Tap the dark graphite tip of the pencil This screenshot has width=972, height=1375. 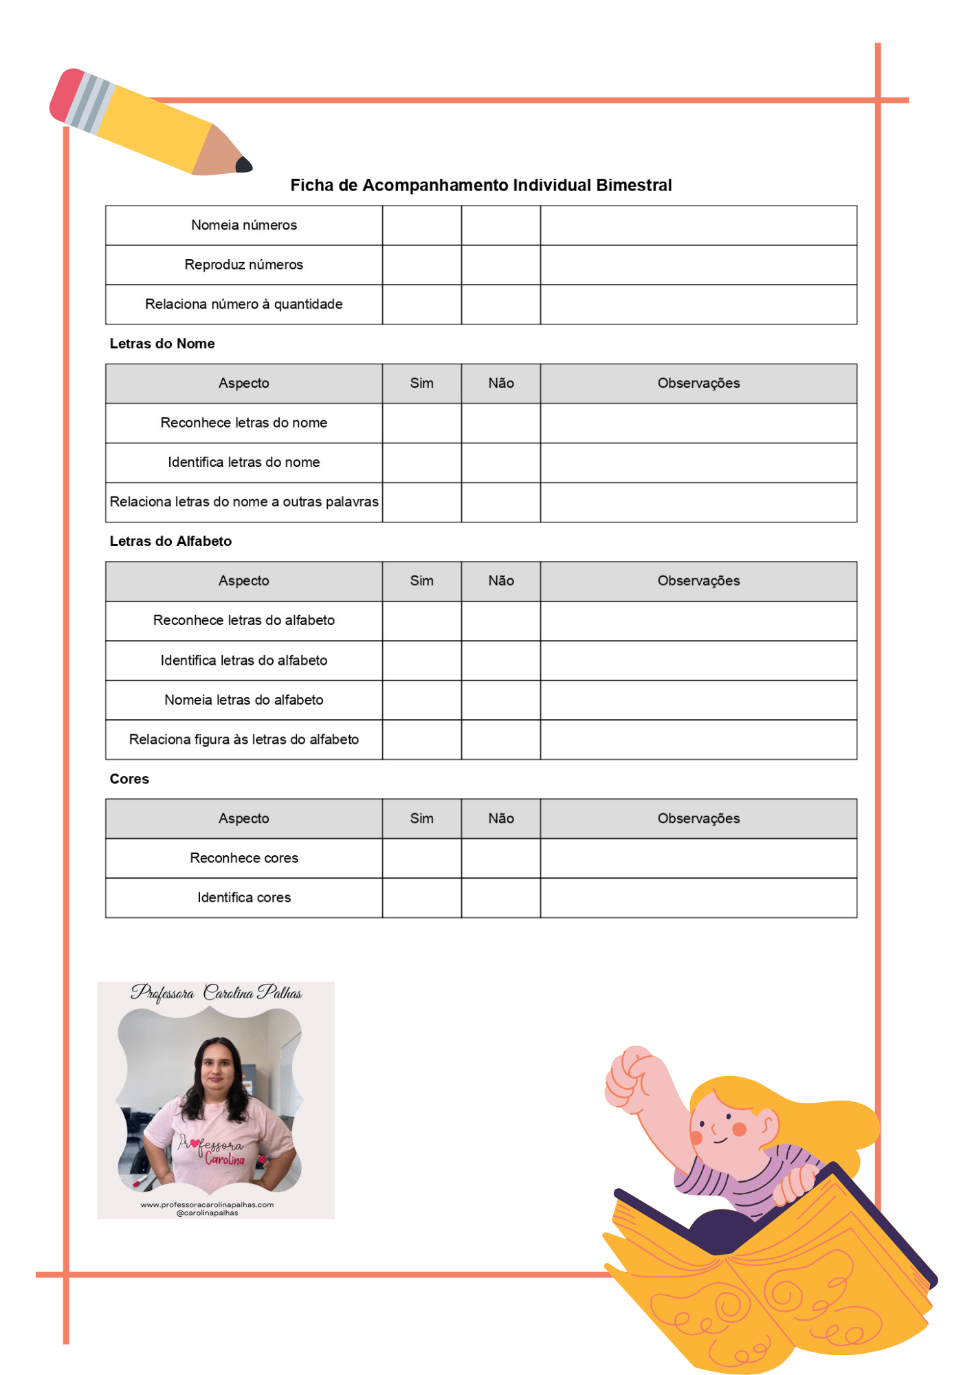pos(244,165)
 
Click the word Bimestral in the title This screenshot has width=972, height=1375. pos(634,186)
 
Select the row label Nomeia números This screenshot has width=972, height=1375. pos(244,225)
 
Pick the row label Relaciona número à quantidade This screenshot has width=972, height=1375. pos(244,305)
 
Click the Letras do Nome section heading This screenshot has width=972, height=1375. pos(162,344)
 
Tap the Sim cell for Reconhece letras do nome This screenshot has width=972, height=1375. pos(421,423)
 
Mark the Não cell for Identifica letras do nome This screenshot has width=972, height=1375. pos(500,463)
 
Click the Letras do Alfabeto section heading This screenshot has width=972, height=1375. pos(170,542)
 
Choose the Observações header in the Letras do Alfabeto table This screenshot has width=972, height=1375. pos(698,582)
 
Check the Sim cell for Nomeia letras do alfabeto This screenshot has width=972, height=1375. pos(421,701)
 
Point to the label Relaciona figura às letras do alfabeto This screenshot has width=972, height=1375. pos(244,740)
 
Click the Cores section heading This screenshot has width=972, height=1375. pos(129,779)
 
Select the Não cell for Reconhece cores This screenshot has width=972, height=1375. pos(500,859)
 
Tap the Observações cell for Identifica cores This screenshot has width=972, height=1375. pos(698,898)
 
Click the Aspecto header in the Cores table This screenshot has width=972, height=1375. pos(244,819)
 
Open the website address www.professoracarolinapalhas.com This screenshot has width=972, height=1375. pos(207,1204)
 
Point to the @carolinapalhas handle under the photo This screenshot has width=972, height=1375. pos(207,1213)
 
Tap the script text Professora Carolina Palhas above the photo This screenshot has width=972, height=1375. pos(216,993)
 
